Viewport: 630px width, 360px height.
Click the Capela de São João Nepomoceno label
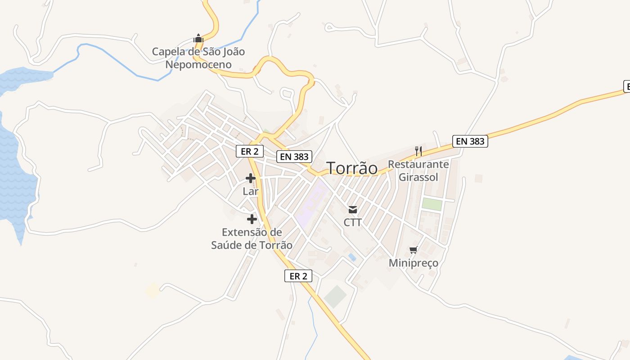198,58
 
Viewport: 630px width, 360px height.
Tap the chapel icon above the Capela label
198,38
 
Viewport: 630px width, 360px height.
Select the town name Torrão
352,168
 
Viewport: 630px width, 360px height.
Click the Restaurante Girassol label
418,171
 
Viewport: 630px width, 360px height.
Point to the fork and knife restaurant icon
418,151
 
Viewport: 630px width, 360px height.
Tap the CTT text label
352,222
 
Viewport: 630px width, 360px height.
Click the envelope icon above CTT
352,209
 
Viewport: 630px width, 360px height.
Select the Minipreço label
413,263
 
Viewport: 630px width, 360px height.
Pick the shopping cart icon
413,250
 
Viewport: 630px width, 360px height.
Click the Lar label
251,191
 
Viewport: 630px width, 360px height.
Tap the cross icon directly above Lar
251,179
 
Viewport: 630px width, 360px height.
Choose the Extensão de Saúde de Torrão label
252,238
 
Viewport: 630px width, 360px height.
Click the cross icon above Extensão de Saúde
252,219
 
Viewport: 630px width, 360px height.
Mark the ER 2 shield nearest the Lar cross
249,151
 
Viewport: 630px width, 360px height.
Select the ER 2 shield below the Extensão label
298,276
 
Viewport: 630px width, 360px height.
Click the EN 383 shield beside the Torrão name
295,156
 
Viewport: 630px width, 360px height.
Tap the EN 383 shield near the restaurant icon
470,141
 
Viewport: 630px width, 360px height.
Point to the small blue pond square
352,257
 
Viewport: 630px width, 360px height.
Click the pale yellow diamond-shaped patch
152,290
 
